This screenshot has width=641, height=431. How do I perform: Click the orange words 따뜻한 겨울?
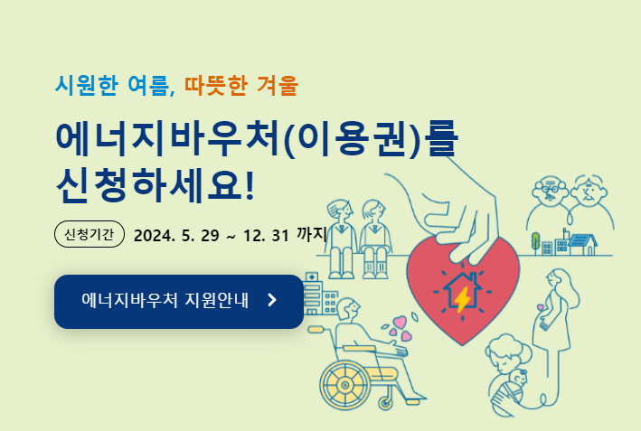click(x=240, y=86)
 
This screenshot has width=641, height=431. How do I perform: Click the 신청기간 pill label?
click(x=89, y=234)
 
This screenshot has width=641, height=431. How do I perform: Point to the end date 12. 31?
click(x=266, y=235)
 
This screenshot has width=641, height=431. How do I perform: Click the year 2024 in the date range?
click(x=154, y=235)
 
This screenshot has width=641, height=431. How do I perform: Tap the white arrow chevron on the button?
click(x=272, y=300)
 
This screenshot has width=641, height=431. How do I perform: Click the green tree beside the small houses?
click(x=535, y=241)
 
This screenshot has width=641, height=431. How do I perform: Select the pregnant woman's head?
click(x=556, y=281)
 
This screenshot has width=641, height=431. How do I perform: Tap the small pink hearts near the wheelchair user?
click(x=399, y=330)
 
